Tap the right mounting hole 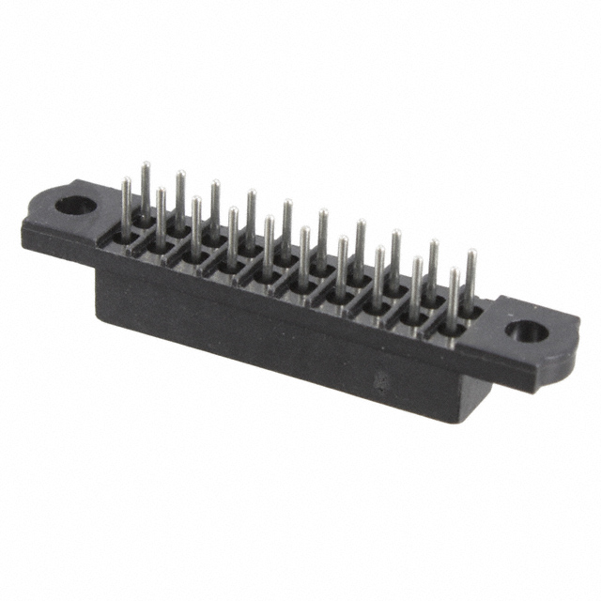point(527,331)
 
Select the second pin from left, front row point(162,210)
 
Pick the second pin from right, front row point(416,282)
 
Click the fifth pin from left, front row point(269,239)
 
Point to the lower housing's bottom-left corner point(97,315)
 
